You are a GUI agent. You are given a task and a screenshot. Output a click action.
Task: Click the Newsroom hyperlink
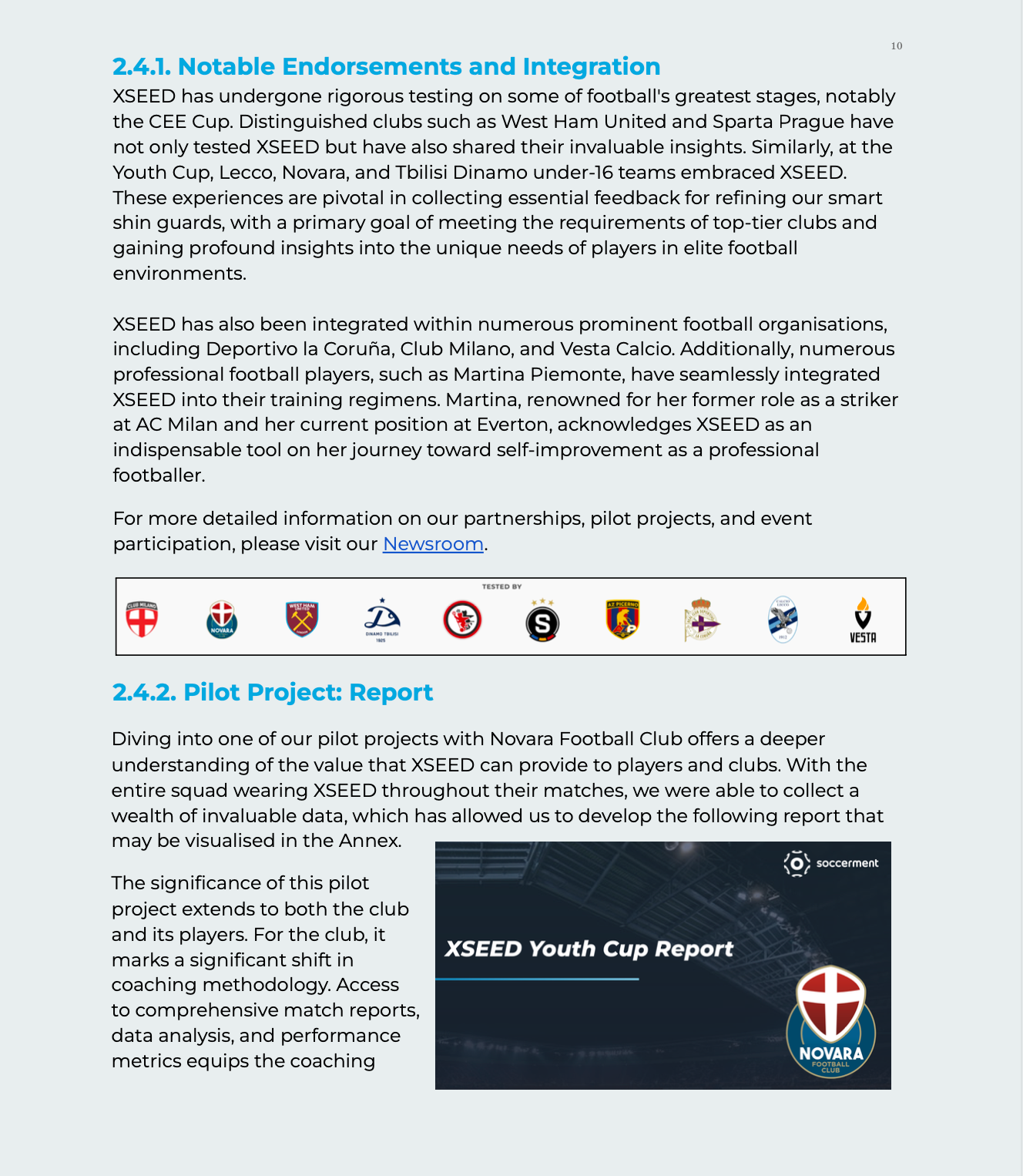click(x=433, y=544)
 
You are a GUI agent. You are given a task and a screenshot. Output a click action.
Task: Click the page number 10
click(x=897, y=46)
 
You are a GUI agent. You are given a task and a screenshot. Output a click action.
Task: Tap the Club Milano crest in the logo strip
click(x=142, y=619)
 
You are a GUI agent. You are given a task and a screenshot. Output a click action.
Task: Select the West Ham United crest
click(x=302, y=619)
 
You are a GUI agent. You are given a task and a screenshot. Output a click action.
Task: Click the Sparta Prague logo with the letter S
click(x=542, y=623)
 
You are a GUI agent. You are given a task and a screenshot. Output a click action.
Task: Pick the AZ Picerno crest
click(x=622, y=620)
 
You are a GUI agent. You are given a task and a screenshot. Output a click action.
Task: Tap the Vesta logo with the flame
click(x=863, y=620)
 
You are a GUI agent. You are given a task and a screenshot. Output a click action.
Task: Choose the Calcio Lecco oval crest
click(x=783, y=620)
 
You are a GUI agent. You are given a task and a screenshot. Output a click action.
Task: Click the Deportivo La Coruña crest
click(x=701, y=620)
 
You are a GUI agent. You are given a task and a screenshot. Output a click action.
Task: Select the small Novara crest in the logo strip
click(x=222, y=620)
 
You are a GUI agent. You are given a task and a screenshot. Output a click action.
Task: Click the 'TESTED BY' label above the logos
click(x=501, y=587)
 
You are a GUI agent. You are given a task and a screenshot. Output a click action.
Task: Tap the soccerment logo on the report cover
click(x=831, y=863)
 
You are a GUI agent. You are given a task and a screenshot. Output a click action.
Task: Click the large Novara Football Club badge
click(x=830, y=1022)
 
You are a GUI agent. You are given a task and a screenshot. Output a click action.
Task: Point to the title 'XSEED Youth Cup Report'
click(x=589, y=949)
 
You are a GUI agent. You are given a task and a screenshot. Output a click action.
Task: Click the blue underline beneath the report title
click(x=537, y=979)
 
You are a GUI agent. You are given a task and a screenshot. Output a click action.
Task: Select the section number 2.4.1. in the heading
click(x=142, y=67)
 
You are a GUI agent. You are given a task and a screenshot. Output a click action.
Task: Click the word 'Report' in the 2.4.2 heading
click(x=391, y=693)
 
